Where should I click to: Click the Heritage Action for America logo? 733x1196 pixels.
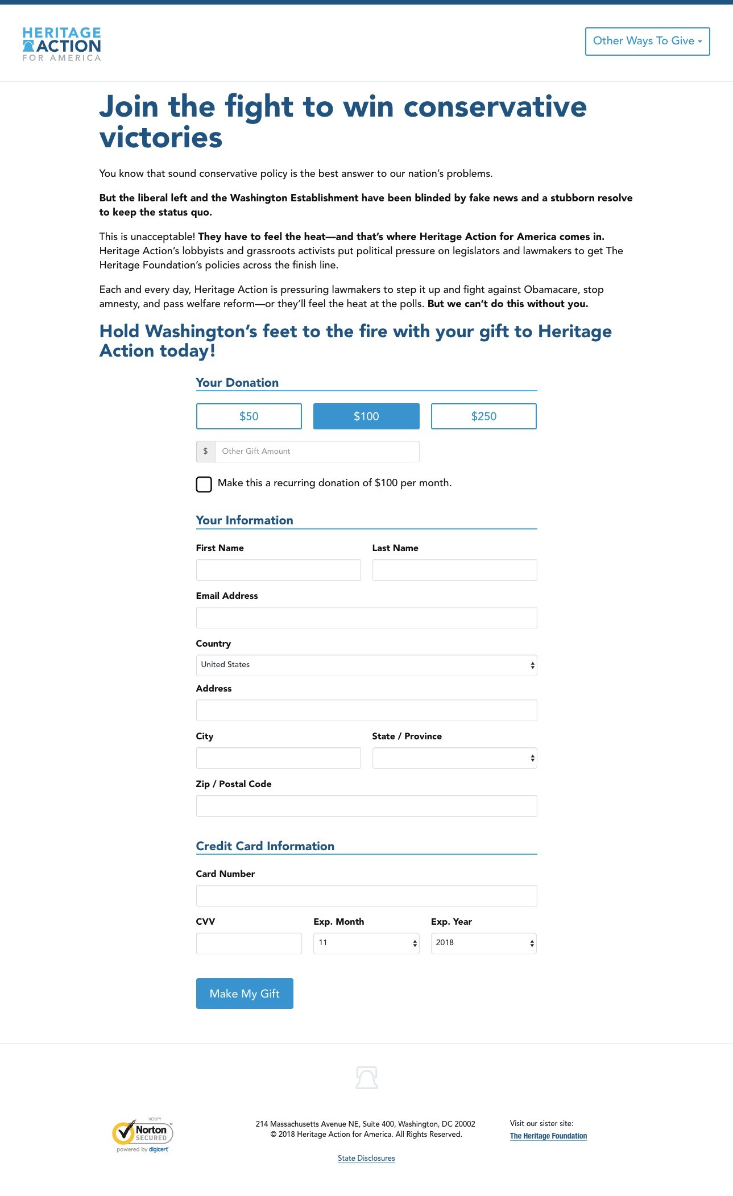[x=61, y=44]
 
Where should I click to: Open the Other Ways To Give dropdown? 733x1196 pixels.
[x=647, y=42]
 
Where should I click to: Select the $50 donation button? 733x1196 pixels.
[x=249, y=416]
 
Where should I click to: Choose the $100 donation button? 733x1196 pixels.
[x=366, y=416]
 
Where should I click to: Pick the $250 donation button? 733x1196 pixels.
[x=483, y=416]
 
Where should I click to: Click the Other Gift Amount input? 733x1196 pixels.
[x=317, y=452]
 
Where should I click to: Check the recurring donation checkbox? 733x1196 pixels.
[x=204, y=484]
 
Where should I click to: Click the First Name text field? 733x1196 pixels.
[x=278, y=570]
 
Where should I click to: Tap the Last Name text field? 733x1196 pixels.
[x=454, y=570]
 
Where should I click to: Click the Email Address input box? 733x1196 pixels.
[x=366, y=618]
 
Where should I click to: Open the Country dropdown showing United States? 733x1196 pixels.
[x=366, y=665]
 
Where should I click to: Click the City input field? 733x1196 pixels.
[x=278, y=758]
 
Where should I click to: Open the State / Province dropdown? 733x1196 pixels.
[x=454, y=758]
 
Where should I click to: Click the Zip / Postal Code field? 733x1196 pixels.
[x=366, y=806]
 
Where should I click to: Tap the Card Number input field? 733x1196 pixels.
[x=366, y=896]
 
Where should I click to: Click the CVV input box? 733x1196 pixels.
[x=249, y=943]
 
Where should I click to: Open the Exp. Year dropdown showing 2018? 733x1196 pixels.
[x=483, y=943]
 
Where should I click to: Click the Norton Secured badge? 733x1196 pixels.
[x=143, y=1135]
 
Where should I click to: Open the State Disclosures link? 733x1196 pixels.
[x=366, y=1158]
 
